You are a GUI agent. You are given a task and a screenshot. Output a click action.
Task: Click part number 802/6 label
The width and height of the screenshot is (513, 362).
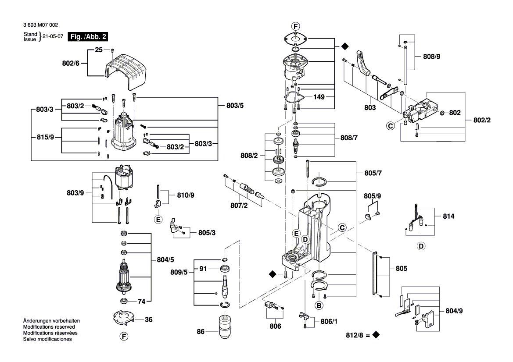click(x=71, y=63)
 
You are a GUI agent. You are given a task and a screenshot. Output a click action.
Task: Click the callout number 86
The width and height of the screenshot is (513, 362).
click(x=201, y=332)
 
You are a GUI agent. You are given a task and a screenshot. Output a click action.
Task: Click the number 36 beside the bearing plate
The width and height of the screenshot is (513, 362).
click(x=149, y=319)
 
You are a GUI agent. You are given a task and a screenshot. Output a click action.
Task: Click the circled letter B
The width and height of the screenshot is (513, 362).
click(x=319, y=305)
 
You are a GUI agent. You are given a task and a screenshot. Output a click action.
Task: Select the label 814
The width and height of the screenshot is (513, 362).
click(x=448, y=216)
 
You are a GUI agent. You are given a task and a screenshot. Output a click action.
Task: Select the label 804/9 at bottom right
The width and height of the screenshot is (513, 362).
click(x=454, y=311)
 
